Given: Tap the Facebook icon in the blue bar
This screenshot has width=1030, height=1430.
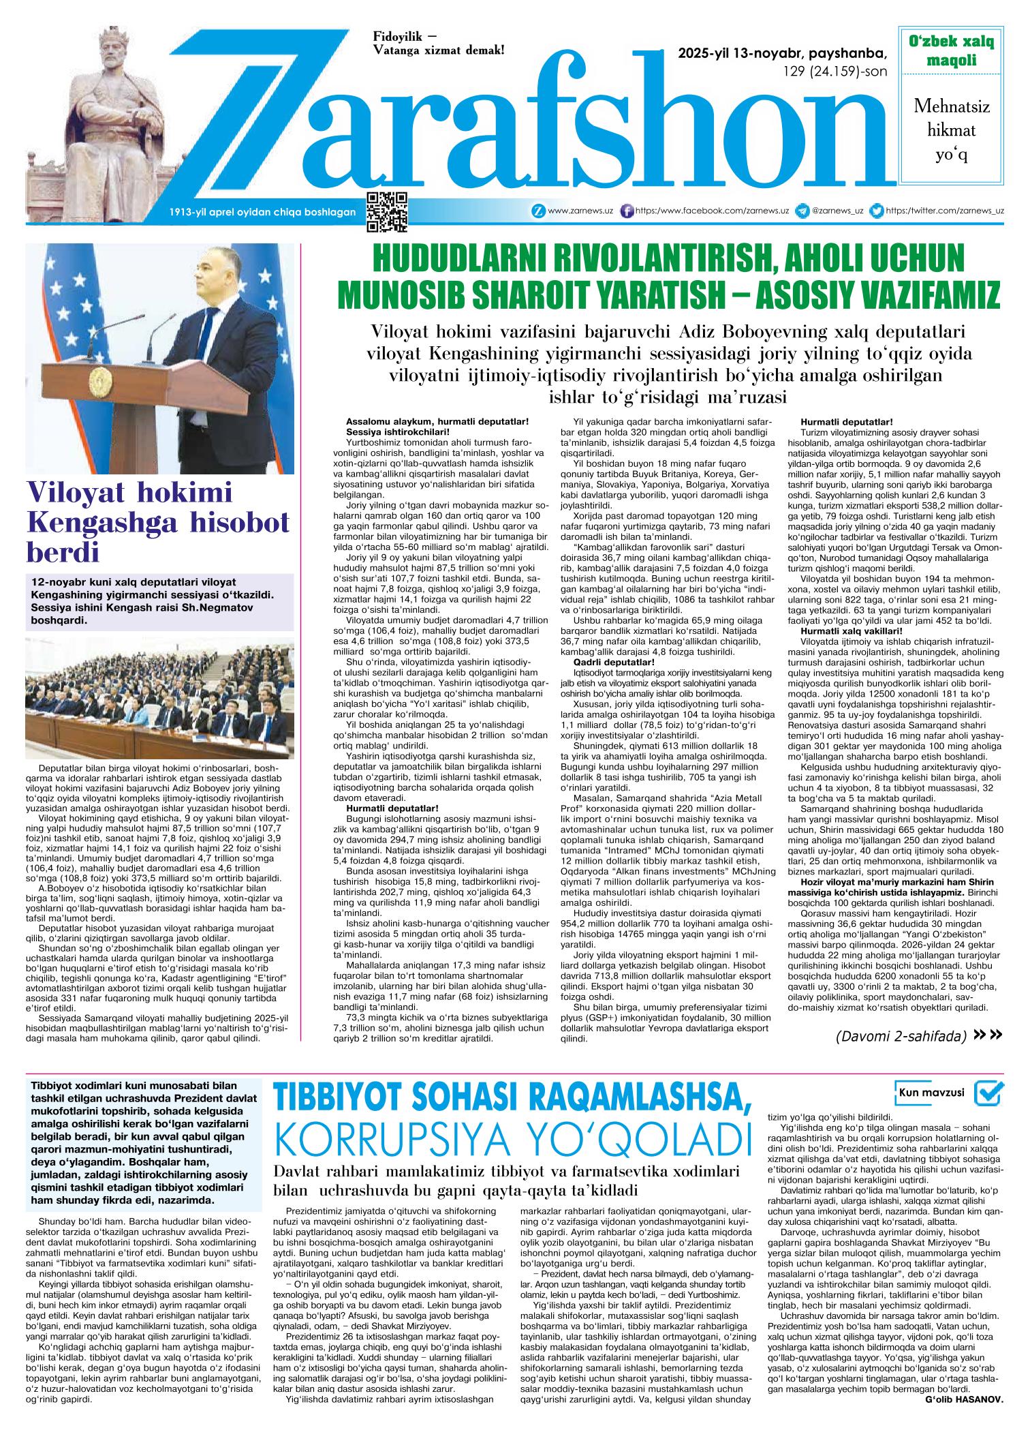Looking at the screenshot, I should (628, 211).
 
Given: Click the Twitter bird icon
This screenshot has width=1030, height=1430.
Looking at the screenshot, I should (878, 211).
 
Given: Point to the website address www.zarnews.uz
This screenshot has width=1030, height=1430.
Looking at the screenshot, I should (572, 211).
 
